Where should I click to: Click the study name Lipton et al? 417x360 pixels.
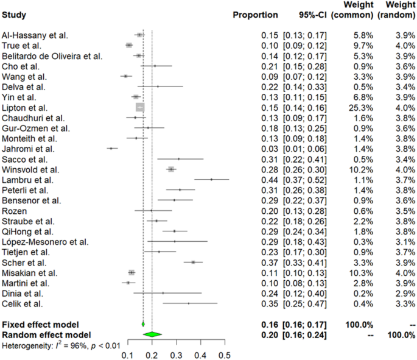coord(24,108)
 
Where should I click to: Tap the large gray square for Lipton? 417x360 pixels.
coord(140,107)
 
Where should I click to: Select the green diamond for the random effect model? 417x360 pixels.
coord(152,334)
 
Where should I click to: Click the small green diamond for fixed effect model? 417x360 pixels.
coord(143,324)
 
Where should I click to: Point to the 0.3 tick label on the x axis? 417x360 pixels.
coord(176,355)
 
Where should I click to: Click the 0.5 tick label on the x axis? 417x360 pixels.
coord(225,355)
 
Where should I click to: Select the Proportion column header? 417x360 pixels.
coord(255,15)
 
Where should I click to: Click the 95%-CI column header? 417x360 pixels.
coord(312,15)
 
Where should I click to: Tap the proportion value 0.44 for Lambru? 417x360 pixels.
coord(270,180)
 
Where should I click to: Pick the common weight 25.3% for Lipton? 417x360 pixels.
coord(361,108)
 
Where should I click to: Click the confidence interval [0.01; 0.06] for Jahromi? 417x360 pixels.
coord(305,149)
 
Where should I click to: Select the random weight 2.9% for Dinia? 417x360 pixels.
coord(405,294)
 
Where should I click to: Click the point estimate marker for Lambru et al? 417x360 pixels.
coord(211,180)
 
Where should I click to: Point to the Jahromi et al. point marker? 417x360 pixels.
coord(111,149)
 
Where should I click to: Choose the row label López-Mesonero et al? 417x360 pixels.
coord(45,242)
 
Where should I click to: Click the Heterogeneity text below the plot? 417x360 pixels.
coord(61,345)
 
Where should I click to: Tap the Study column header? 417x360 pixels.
coord(14,15)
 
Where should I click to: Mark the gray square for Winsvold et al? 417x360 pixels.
coord(171,169)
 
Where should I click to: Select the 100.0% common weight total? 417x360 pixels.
coord(359,325)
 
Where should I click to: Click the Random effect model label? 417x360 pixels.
coord(46,335)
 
